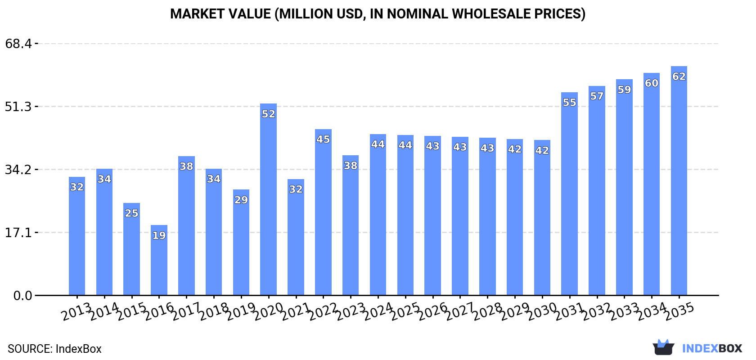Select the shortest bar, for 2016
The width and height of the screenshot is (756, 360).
click(x=159, y=265)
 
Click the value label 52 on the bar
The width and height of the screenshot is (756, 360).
click(x=268, y=114)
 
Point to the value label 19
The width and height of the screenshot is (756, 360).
click(x=159, y=235)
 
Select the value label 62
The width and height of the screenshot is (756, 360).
click(x=679, y=76)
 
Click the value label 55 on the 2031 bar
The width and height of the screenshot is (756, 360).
click(x=569, y=103)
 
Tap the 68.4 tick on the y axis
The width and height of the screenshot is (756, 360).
click(x=18, y=44)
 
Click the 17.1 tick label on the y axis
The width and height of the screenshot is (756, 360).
click(x=18, y=233)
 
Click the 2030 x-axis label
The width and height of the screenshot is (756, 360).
click(x=541, y=311)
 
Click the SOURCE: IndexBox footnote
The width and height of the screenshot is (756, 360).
click(x=54, y=349)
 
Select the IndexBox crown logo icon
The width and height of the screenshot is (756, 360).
click(x=663, y=347)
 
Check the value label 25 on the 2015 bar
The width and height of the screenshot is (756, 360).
click(x=131, y=213)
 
